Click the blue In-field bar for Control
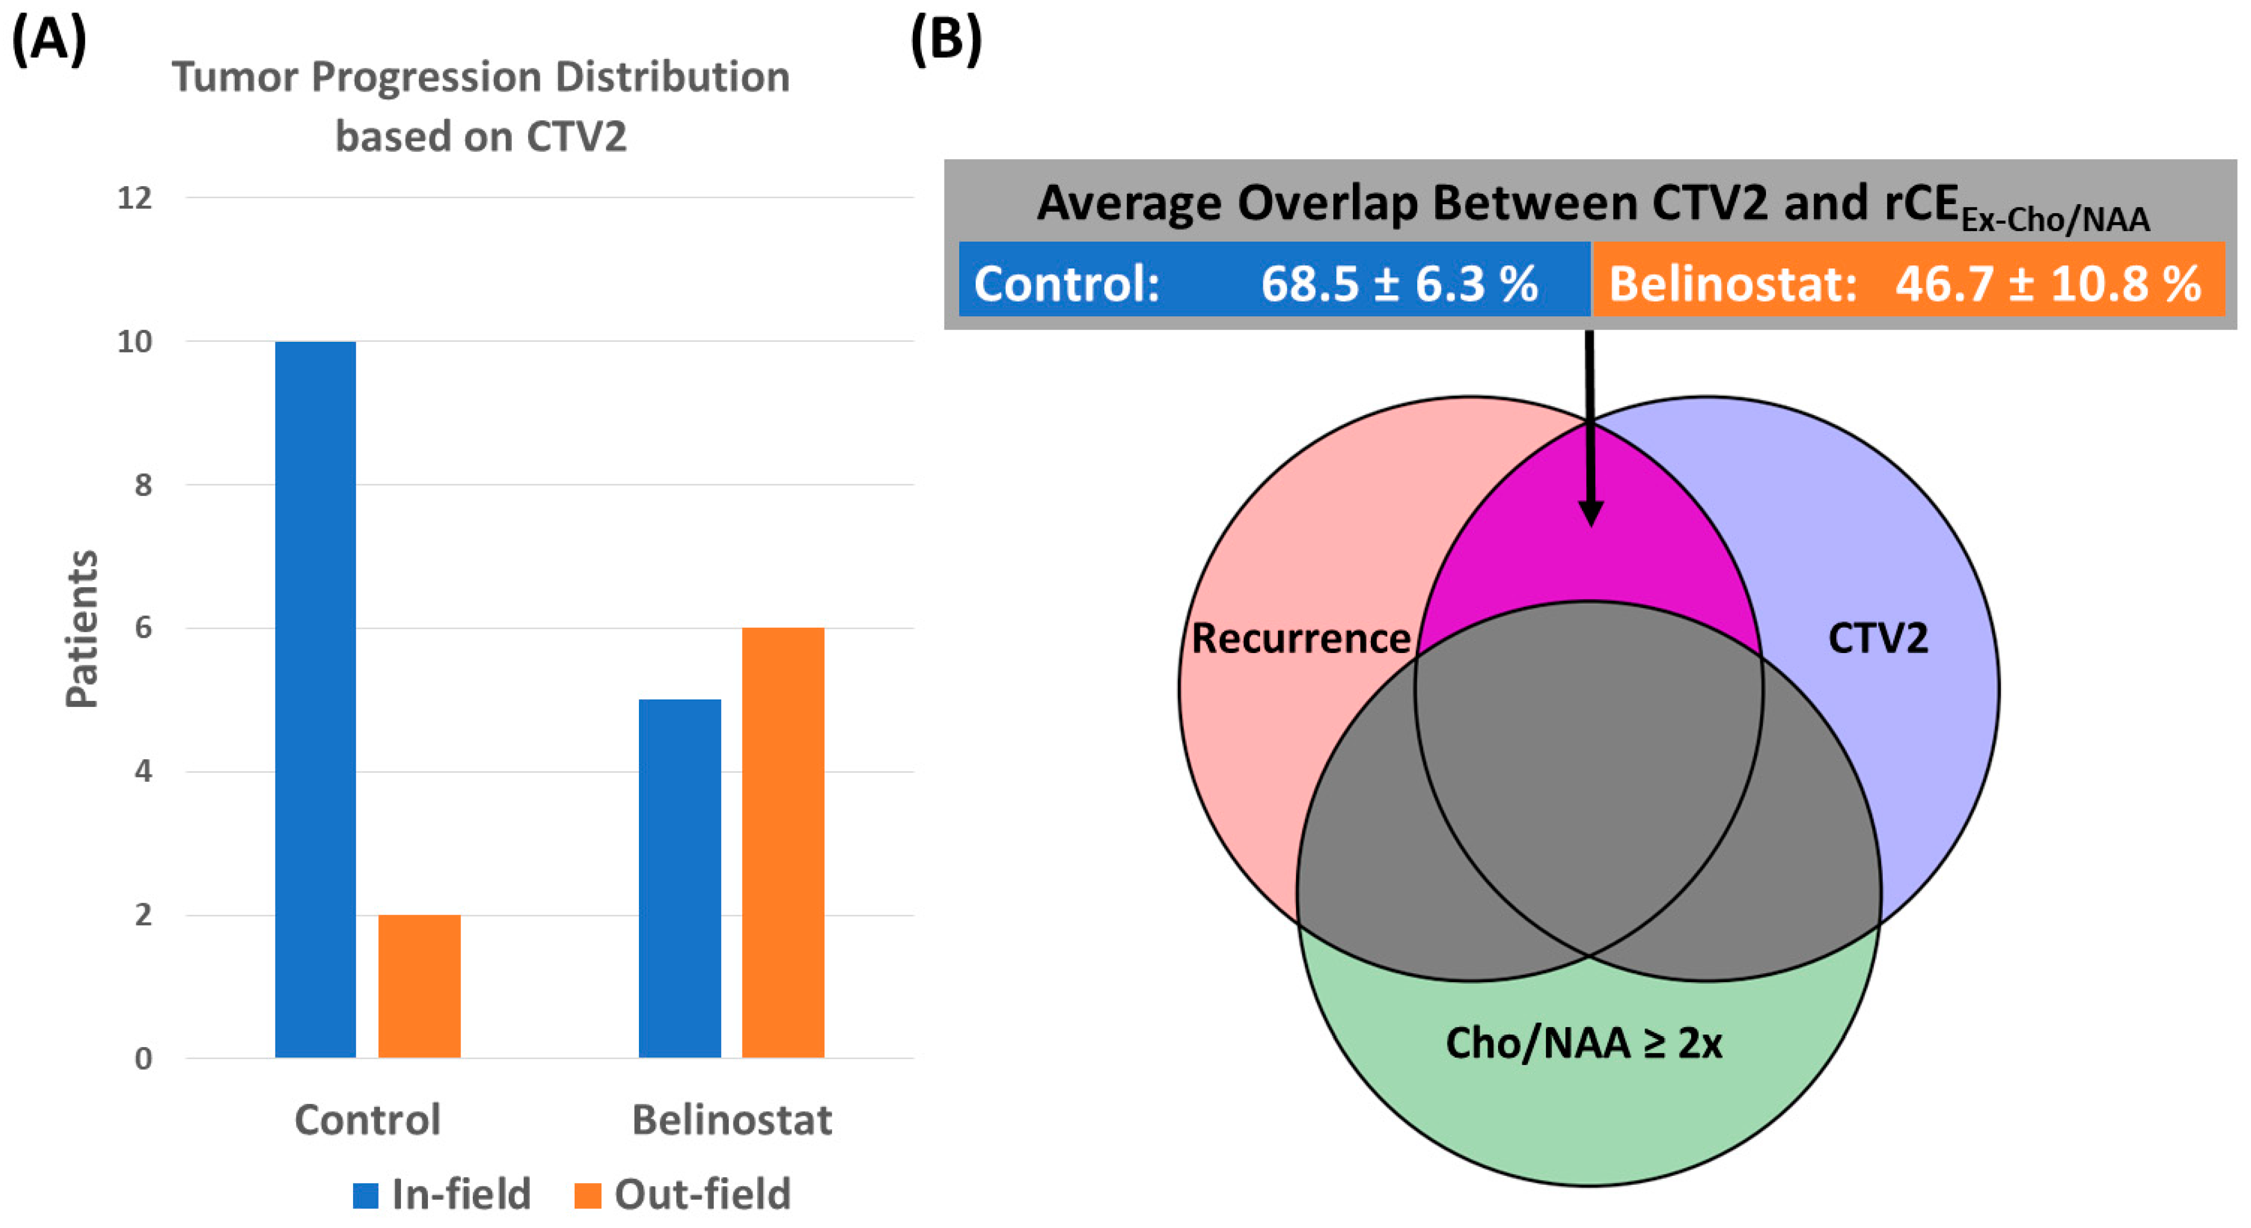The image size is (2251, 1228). click(316, 699)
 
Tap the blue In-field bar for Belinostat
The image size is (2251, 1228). click(680, 878)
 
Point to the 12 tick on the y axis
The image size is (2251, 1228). click(135, 198)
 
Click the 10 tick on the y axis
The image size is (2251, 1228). click(135, 341)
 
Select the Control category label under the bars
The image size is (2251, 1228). click(368, 1119)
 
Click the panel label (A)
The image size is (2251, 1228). click(49, 40)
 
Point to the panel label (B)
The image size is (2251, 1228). click(946, 40)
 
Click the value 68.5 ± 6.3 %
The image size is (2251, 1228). click(1398, 283)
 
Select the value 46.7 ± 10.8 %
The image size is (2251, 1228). click(2047, 283)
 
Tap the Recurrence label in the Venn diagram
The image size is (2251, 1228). click(1300, 638)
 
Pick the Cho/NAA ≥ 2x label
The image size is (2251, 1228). click(1584, 1042)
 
